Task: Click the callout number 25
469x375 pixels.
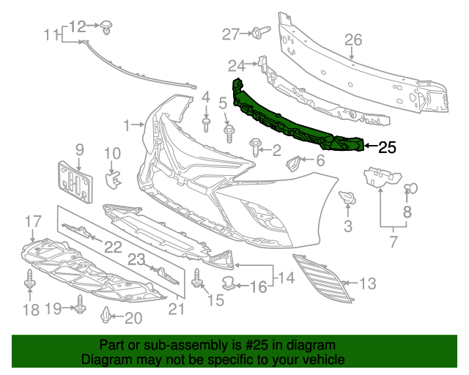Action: click(388, 147)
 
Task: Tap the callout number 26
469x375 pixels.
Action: click(354, 40)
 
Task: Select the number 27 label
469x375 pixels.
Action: click(231, 34)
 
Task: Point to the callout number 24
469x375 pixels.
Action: click(235, 64)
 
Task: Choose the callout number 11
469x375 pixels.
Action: click(51, 34)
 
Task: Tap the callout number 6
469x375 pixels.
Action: click(320, 160)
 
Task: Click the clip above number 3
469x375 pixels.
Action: click(347, 197)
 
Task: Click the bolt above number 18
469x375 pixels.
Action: click(30, 281)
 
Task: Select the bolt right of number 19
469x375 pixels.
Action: click(78, 309)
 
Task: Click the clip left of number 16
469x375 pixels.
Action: click(229, 282)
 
